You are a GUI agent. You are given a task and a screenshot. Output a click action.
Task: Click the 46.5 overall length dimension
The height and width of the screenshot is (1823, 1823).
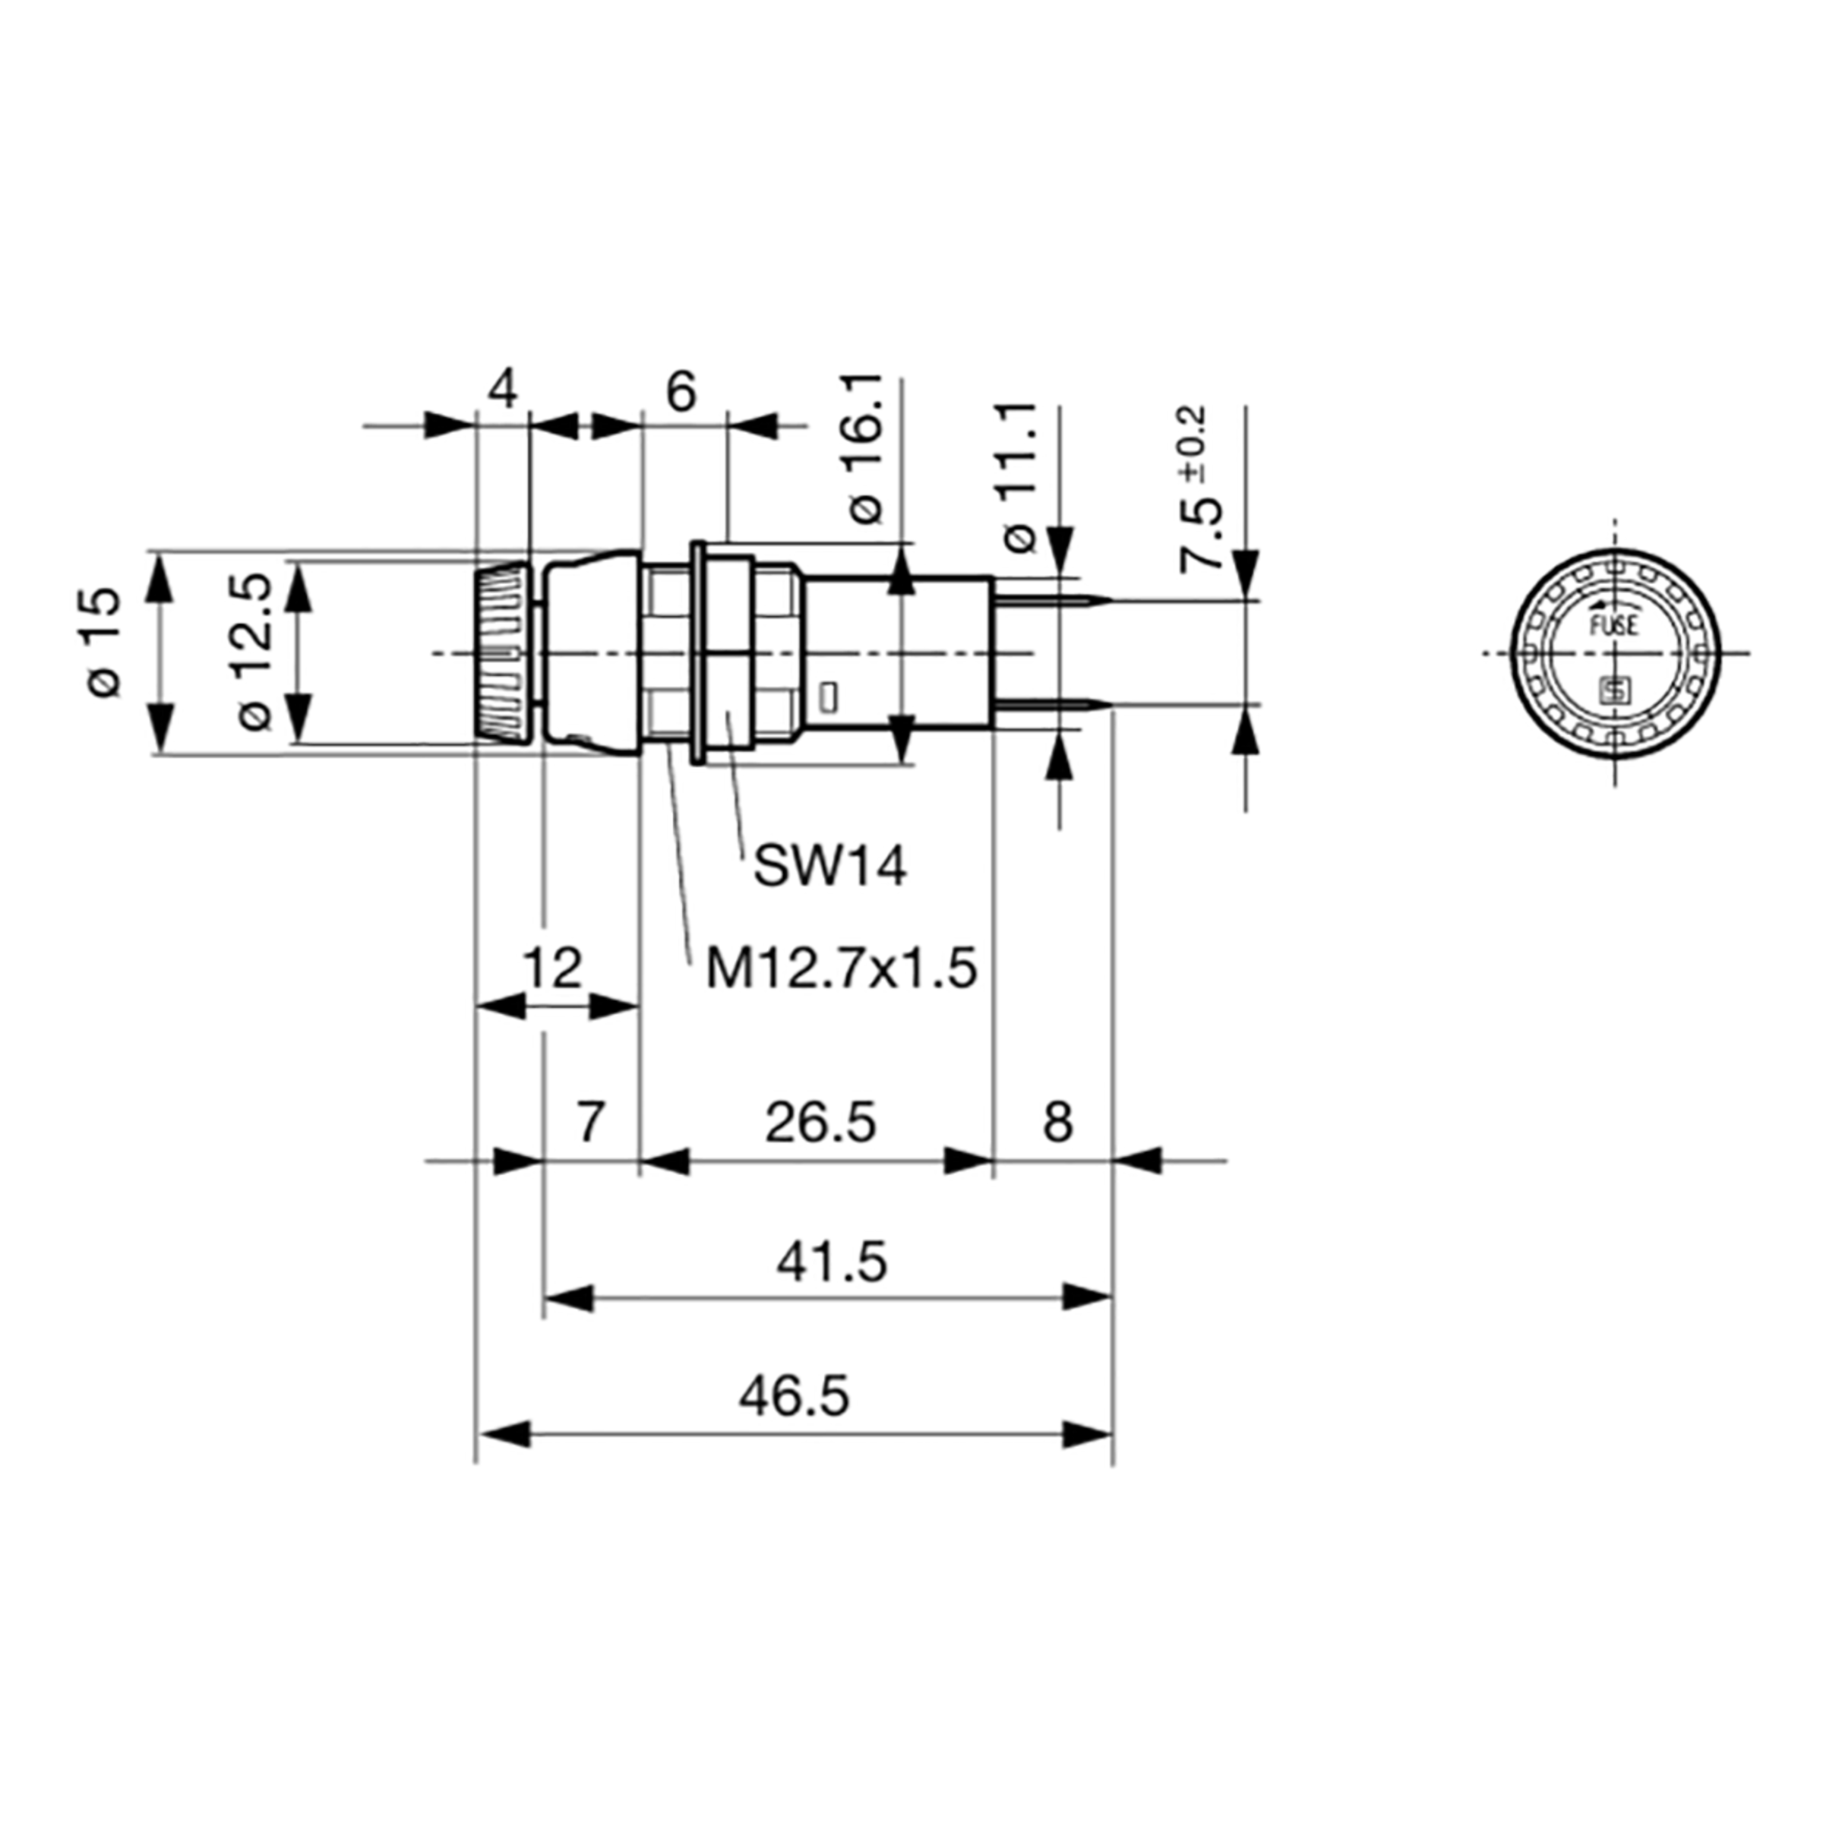click(794, 1398)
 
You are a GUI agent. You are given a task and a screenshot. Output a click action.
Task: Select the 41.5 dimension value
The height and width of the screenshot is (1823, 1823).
click(831, 1262)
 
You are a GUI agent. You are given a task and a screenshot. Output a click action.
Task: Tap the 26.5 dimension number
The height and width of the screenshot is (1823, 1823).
click(820, 1123)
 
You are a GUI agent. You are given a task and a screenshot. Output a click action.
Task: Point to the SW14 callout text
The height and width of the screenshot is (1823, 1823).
click(829, 866)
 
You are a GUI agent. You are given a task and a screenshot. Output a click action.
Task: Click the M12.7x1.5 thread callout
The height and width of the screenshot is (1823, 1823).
click(841, 968)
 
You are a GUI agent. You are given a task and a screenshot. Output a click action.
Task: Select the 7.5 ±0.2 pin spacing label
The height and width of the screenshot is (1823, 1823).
click(1200, 491)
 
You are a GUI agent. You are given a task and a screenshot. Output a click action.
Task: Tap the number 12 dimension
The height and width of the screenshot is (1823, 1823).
click(553, 968)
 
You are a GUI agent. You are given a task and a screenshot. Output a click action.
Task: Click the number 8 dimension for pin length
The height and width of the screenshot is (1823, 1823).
click(1058, 1123)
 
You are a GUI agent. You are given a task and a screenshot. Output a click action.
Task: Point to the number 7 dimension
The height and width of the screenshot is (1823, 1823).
click(589, 1123)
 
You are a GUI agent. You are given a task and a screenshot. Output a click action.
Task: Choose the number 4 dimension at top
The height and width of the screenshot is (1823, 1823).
click(504, 389)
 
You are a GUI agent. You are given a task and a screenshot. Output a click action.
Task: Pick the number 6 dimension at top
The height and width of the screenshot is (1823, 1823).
click(681, 390)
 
